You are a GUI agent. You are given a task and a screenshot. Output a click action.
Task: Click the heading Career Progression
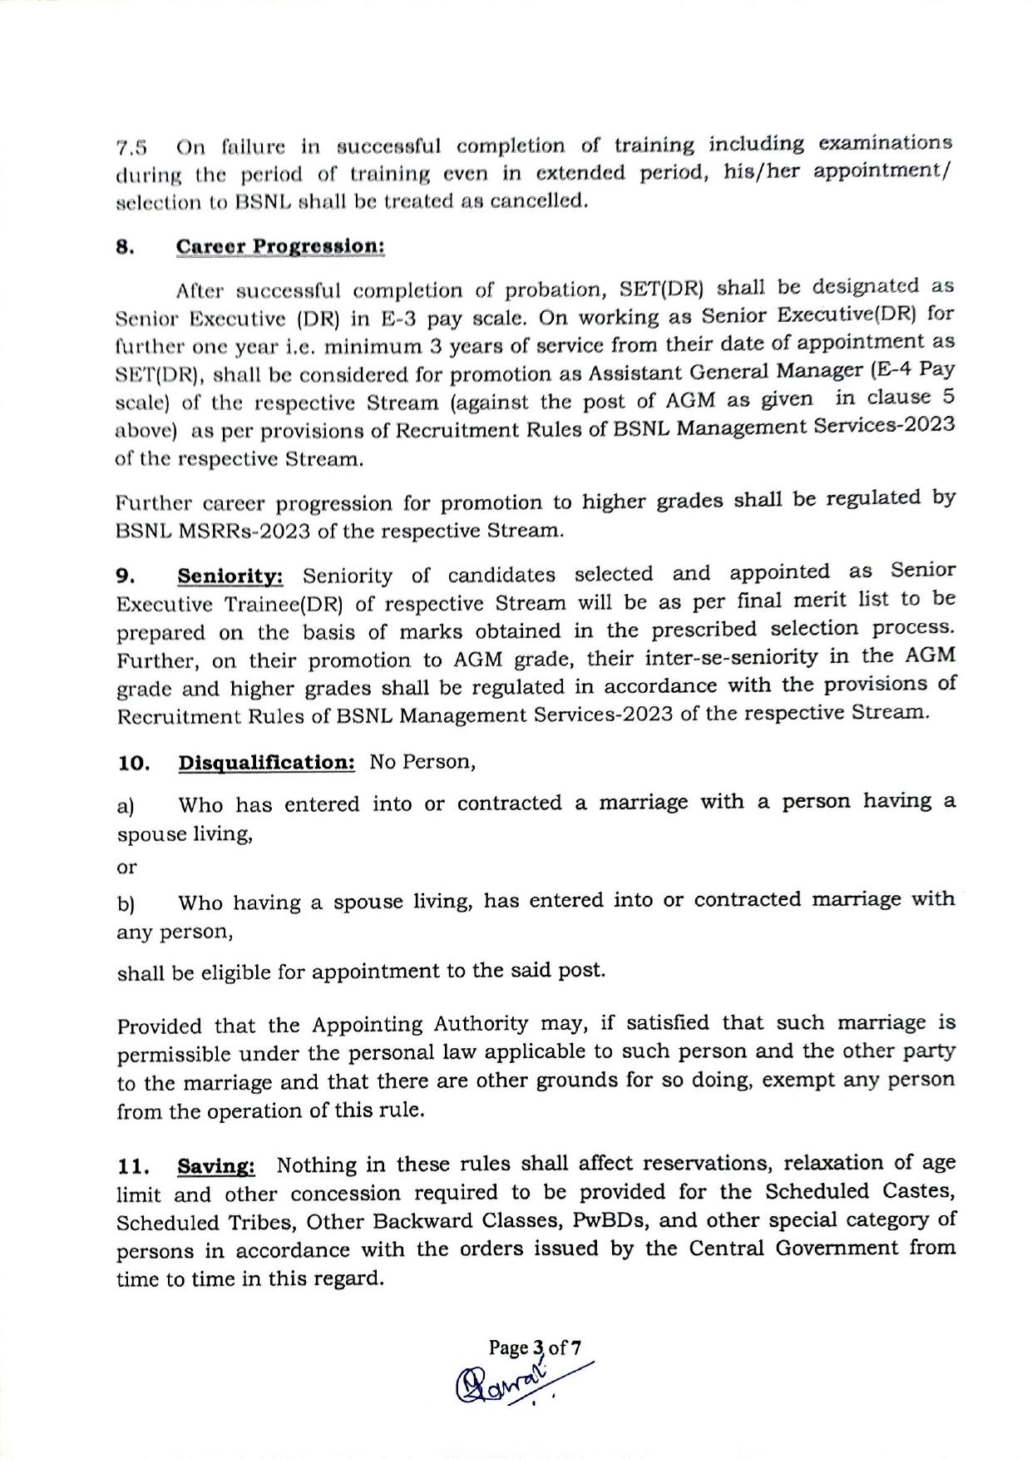[280, 248]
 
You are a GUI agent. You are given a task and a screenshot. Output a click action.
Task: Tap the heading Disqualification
[266, 763]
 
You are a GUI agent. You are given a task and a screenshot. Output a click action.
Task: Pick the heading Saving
[216, 1167]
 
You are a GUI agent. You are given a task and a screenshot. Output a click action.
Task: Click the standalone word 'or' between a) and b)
[126, 868]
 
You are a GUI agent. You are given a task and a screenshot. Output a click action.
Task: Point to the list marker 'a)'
[126, 806]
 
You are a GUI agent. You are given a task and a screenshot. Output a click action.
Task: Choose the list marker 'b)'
[126, 903]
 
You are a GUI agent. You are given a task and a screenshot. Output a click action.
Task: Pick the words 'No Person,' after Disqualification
[422, 762]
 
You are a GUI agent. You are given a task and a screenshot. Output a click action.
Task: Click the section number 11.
[132, 1168]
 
